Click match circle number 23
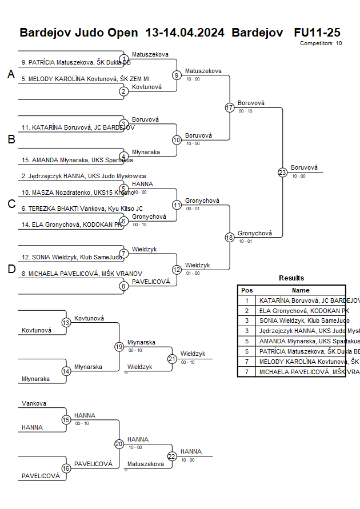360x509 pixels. [x=282, y=172]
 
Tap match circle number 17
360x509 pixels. [x=230, y=107]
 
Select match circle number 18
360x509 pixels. [x=230, y=237]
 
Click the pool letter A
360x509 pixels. [x=11, y=74]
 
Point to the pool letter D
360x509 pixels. [x=11, y=269]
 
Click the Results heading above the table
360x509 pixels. [x=291, y=278]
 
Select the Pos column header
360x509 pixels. [x=247, y=290]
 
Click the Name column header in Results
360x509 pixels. [x=301, y=290]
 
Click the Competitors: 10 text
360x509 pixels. [x=321, y=43]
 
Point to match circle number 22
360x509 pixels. [x=172, y=456]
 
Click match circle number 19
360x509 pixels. [x=119, y=347]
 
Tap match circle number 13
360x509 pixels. [x=66, y=323]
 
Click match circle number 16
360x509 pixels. [x=66, y=468]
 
